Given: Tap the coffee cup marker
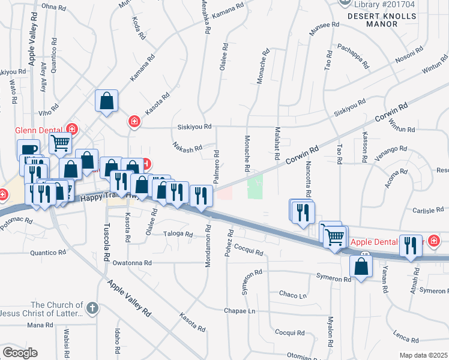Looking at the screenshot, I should [x=28, y=149].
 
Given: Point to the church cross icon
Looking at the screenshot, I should [x=91, y=308].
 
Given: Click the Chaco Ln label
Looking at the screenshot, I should [x=293, y=295].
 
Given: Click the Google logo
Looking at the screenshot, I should [x=20, y=353].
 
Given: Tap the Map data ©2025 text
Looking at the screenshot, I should [x=423, y=355].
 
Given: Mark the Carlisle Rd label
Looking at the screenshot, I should [x=427, y=211].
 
